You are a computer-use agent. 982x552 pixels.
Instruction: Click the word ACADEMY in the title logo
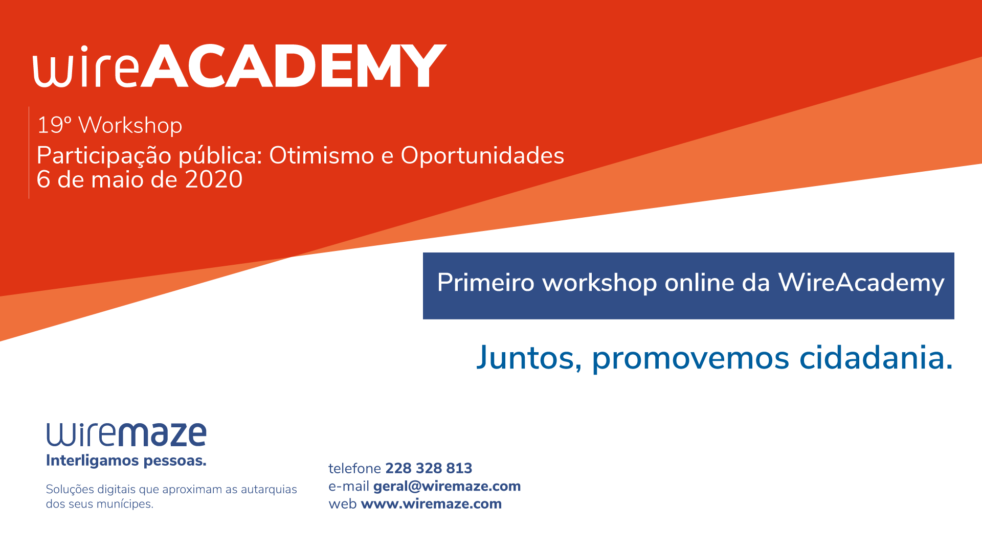(294, 66)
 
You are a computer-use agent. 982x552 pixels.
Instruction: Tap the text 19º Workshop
(109, 126)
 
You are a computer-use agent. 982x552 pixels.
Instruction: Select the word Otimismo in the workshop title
(321, 155)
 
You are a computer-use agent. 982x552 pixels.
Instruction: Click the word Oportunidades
(482, 155)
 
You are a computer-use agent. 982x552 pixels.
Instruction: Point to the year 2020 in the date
(214, 179)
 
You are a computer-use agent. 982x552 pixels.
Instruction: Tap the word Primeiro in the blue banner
(486, 283)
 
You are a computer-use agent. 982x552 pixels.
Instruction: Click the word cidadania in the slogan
(876, 358)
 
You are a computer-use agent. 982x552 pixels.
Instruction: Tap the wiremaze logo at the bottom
(126, 434)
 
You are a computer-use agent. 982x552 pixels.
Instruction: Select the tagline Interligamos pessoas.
(126, 461)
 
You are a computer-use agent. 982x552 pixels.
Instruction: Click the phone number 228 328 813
(429, 468)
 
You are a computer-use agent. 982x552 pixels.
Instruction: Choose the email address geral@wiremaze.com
(447, 487)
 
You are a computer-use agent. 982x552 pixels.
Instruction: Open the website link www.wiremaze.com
(431, 504)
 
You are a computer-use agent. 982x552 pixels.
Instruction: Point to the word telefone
(354, 468)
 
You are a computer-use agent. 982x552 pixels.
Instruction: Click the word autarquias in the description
(269, 490)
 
